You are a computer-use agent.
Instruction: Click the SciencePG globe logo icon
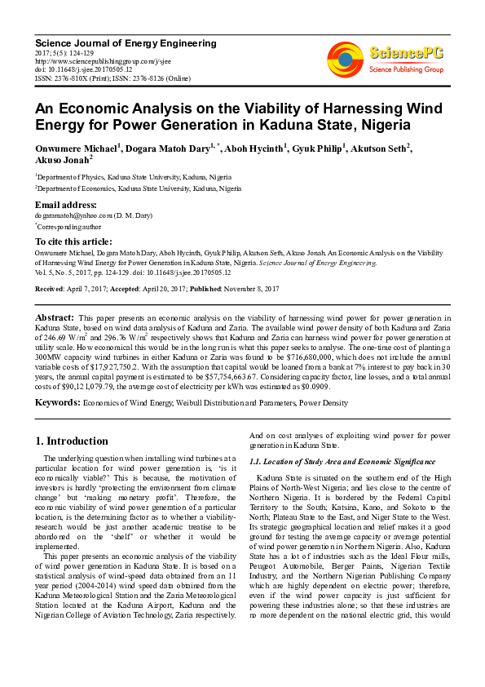pos(346,57)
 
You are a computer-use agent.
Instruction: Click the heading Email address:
pos(65,205)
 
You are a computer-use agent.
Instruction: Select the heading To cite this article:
pos(75,242)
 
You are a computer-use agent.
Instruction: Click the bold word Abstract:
pos(55,317)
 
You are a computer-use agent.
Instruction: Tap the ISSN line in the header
pos(110,78)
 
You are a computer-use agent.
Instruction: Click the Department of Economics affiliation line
pos(138,188)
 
